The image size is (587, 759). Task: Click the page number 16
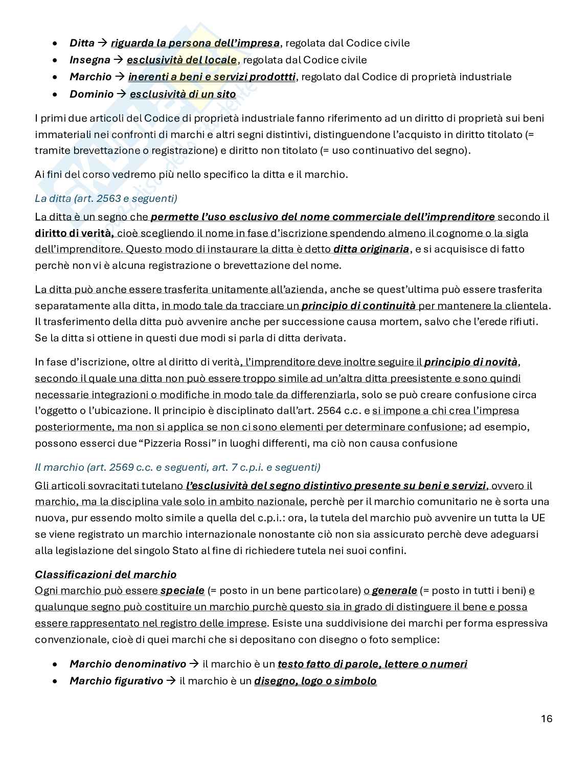(546, 718)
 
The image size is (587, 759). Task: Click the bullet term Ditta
(82, 43)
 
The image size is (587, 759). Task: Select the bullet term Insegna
(89, 60)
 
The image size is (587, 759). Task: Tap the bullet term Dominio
(92, 94)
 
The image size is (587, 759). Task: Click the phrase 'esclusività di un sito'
(183, 94)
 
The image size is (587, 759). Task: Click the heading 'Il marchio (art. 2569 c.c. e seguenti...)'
(177, 467)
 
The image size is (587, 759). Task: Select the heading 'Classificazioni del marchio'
(105, 574)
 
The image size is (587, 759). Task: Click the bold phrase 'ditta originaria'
(371, 249)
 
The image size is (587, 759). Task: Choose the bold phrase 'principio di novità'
(471, 362)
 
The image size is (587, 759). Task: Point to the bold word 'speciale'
(182, 590)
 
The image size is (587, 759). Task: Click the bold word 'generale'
(394, 590)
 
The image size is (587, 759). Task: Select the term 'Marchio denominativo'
(128, 664)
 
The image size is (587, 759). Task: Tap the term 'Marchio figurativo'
(116, 681)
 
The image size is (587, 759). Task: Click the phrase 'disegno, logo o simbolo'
(315, 681)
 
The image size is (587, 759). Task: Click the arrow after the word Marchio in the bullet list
(120, 77)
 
